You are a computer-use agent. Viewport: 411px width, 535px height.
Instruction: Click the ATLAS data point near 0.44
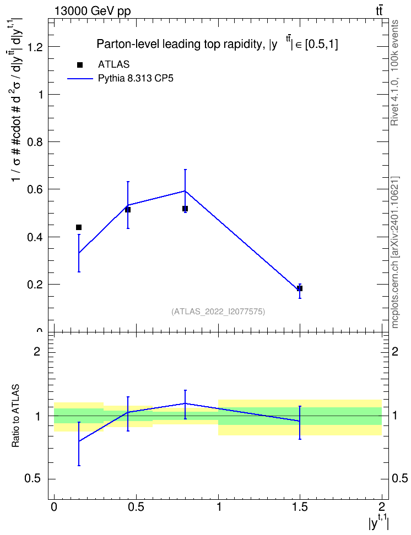[x=79, y=227]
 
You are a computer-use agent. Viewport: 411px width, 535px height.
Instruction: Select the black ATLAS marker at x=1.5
[x=300, y=288]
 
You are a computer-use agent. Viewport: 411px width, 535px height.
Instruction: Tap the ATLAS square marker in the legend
[x=80, y=65]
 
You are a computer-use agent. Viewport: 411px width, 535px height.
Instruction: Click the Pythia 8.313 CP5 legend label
[x=136, y=79]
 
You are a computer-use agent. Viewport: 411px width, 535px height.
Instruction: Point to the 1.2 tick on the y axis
[x=35, y=47]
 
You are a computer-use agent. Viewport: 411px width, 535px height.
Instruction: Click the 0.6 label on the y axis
[x=35, y=189]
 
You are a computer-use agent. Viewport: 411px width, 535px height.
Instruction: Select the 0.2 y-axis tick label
[x=35, y=285]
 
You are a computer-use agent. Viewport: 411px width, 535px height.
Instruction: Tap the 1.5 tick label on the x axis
[x=300, y=506]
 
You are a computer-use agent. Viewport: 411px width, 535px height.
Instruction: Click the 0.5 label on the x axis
[x=136, y=506]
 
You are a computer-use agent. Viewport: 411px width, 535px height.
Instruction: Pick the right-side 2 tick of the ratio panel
[x=395, y=351]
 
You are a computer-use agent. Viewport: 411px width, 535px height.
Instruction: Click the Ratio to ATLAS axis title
[x=15, y=416]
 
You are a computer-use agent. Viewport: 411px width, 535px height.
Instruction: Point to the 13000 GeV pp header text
[x=92, y=12]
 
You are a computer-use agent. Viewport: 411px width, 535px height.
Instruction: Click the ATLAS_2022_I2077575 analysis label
[x=218, y=312]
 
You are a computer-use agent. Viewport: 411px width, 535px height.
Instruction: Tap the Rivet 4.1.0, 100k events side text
[x=394, y=73]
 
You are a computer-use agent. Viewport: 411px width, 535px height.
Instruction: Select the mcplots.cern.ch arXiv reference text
[x=395, y=252]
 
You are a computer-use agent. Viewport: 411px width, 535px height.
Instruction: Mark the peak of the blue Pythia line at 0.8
[x=185, y=191]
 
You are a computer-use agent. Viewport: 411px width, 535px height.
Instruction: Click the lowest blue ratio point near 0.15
[x=79, y=441]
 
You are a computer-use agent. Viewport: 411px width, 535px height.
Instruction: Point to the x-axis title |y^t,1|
[x=378, y=522]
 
